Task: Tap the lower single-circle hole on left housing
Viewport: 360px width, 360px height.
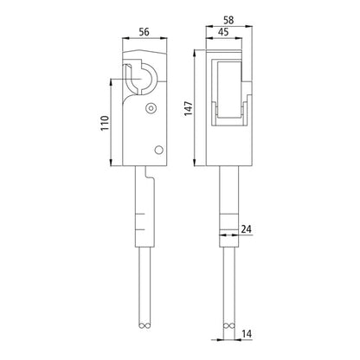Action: (x=157, y=150)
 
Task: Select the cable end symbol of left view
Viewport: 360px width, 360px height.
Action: (x=141, y=326)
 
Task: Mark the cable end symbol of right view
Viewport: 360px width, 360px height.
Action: (x=230, y=326)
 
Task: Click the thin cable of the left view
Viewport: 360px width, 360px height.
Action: (x=141, y=277)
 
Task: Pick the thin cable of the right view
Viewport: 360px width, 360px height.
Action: (x=230, y=277)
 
